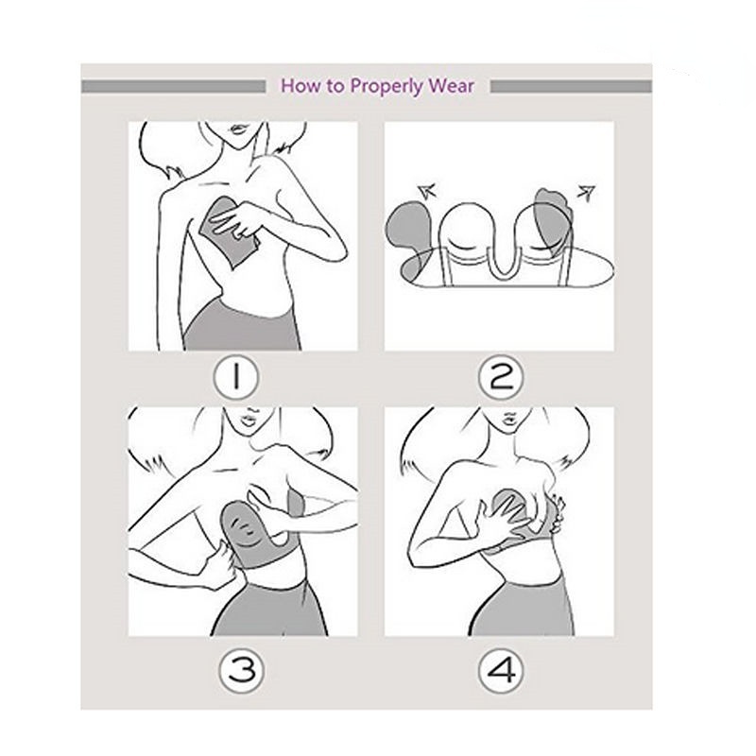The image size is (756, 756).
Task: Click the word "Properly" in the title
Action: pos(387,86)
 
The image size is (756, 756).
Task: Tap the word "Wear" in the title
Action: pos(452,86)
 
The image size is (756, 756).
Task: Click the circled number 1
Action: pos(235,376)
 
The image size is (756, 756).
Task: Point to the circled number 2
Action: pos(501,376)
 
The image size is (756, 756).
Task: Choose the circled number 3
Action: pos(242,670)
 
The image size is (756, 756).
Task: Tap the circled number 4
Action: pos(501,670)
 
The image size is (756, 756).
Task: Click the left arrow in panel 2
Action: pos(427,191)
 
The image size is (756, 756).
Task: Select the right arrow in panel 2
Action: pos(587,193)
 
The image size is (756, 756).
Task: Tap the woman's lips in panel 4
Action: pos(509,418)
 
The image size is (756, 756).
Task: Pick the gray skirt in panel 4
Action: pos(524,610)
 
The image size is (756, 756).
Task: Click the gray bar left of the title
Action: pos(174,87)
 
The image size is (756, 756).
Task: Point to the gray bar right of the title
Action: pos(572,87)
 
